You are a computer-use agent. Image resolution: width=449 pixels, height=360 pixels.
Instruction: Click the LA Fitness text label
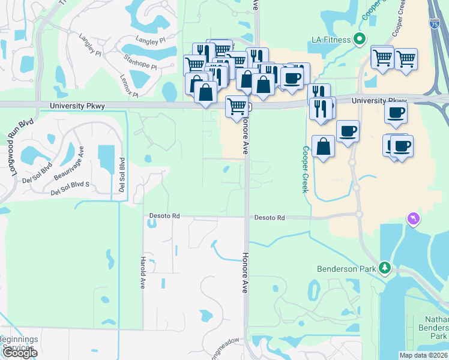coord(331,40)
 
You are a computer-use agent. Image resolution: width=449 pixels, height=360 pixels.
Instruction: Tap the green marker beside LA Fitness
coord(360,40)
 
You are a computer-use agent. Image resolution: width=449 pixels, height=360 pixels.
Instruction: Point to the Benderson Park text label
coord(351,268)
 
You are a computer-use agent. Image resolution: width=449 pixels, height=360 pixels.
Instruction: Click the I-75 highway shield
coord(435,23)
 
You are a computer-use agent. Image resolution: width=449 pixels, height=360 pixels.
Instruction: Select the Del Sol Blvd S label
coord(70,188)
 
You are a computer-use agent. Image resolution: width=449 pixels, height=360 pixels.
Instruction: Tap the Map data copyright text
coord(423,355)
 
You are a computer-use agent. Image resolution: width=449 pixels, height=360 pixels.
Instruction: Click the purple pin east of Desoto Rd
coord(412,219)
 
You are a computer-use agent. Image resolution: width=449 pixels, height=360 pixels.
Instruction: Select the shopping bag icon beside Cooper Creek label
coord(323,146)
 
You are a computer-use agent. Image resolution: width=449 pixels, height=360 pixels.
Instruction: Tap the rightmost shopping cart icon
coord(406,59)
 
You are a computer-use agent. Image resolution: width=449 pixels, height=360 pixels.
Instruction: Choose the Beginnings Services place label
coord(18,343)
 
